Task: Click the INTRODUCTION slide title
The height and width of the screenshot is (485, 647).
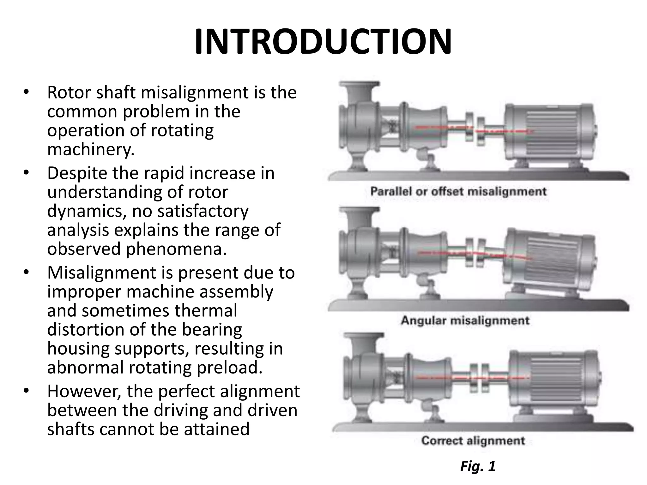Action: click(x=323, y=42)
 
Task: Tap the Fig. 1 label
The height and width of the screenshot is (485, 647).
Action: click(x=478, y=466)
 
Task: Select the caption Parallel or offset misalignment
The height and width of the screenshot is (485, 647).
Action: click(x=458, y=191)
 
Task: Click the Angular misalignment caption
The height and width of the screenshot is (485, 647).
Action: click(x=465, y=320)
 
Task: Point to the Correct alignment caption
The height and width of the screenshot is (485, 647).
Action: click(x=473, y=440)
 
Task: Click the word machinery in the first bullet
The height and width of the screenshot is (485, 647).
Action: click(x=90, y=149)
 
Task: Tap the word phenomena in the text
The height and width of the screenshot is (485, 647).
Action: click(x=176, y=249)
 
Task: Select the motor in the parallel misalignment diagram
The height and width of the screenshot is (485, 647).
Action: click(x=550, y=133)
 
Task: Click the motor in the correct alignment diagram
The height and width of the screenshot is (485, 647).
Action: click(x=553, y=377)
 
